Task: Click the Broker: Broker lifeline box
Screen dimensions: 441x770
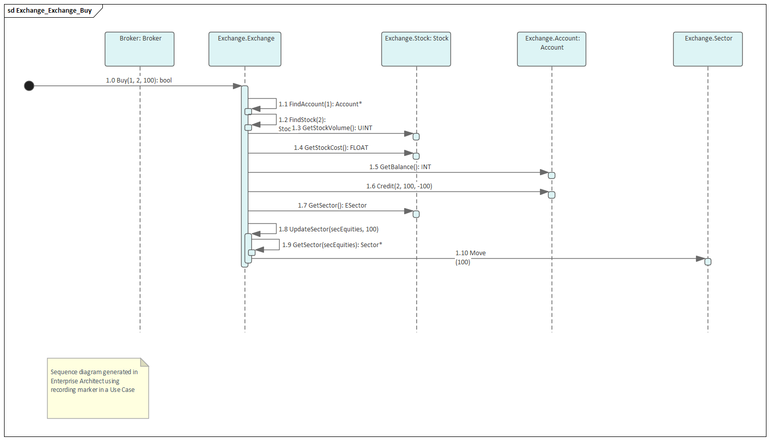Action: click(139, 49)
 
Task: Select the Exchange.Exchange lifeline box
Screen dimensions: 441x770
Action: click(245, 49)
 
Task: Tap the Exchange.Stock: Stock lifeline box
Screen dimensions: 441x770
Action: click(416, 49)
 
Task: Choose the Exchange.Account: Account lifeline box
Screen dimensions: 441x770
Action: click(551, 49)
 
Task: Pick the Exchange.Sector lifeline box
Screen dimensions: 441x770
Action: click(707, 49)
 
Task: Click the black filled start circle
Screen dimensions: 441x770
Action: click(29, 86)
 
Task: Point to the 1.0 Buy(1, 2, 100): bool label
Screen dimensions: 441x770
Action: click(138, 81)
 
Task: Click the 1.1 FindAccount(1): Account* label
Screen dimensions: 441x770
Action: click(320, 104)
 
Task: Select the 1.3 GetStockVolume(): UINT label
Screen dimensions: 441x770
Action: click(332, 128)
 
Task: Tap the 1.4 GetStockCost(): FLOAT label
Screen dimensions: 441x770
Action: click(331, 148)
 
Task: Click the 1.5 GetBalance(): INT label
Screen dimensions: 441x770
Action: click(400, 167)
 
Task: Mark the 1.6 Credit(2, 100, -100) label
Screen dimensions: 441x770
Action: click(399, 186)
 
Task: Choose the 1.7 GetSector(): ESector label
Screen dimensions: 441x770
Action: click(332, 206)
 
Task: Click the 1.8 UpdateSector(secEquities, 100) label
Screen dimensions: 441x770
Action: click(328, 229)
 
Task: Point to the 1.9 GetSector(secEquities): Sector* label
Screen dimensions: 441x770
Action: click(332, 245)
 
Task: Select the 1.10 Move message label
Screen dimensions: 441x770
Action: click(470, 253)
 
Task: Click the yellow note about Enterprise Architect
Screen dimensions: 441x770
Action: click(98, 388)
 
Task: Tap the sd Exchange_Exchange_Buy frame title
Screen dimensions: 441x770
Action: click(50, 11)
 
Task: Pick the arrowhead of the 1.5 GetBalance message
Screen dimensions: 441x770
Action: click(544, 173)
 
